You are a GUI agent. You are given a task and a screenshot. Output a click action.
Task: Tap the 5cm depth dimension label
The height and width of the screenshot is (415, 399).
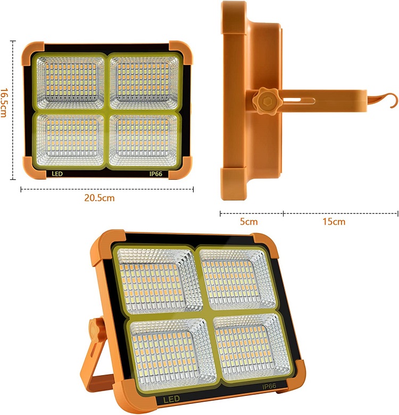tap(248, 221)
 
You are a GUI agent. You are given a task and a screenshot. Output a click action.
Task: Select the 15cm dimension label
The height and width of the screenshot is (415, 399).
tap(334, 221)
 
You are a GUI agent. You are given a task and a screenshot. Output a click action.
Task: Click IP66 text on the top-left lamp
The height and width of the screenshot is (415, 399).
tap(156, 174)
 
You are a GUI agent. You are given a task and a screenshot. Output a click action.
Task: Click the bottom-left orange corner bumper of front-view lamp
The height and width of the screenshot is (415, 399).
tap(31, 167)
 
